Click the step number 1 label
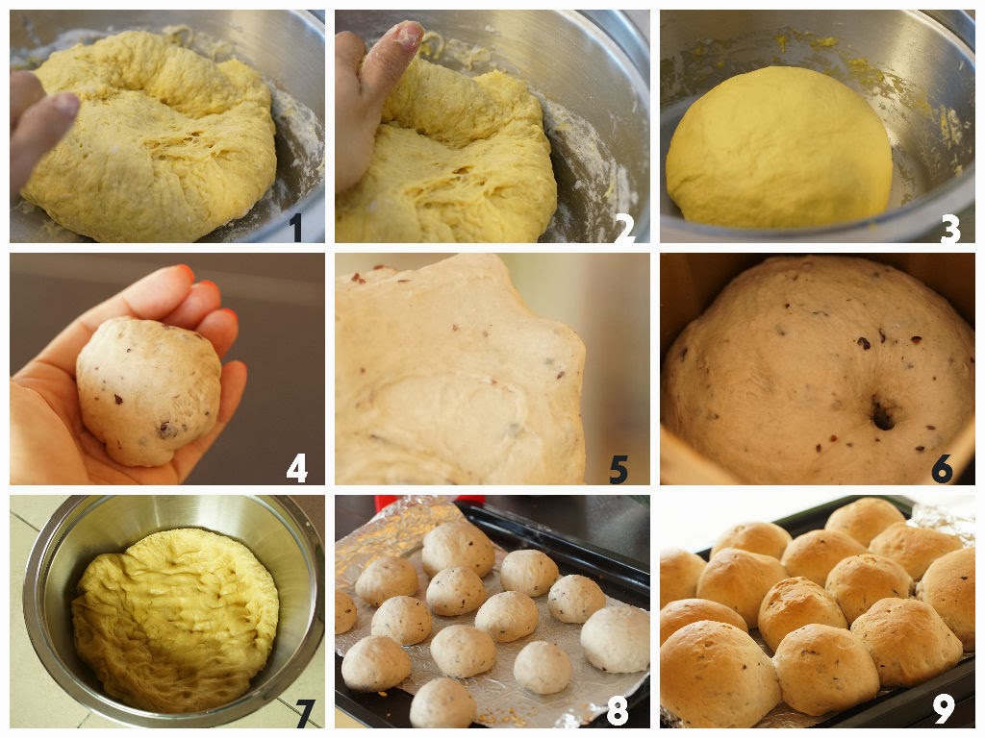tap(296, 229)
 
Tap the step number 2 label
tap(624, 229)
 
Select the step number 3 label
tap(949, 229)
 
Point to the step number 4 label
tap(296, 468)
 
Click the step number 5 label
tap(619, 469)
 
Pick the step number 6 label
tap(943, 469)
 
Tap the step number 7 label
tap(305, 712)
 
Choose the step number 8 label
tap(618, 712)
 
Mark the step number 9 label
tap(944, 710)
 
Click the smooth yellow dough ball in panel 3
tap(779, 148)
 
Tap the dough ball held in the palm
tap(148, 390)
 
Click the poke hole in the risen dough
tap(883, 415)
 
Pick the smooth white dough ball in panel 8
tap(616, 639)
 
